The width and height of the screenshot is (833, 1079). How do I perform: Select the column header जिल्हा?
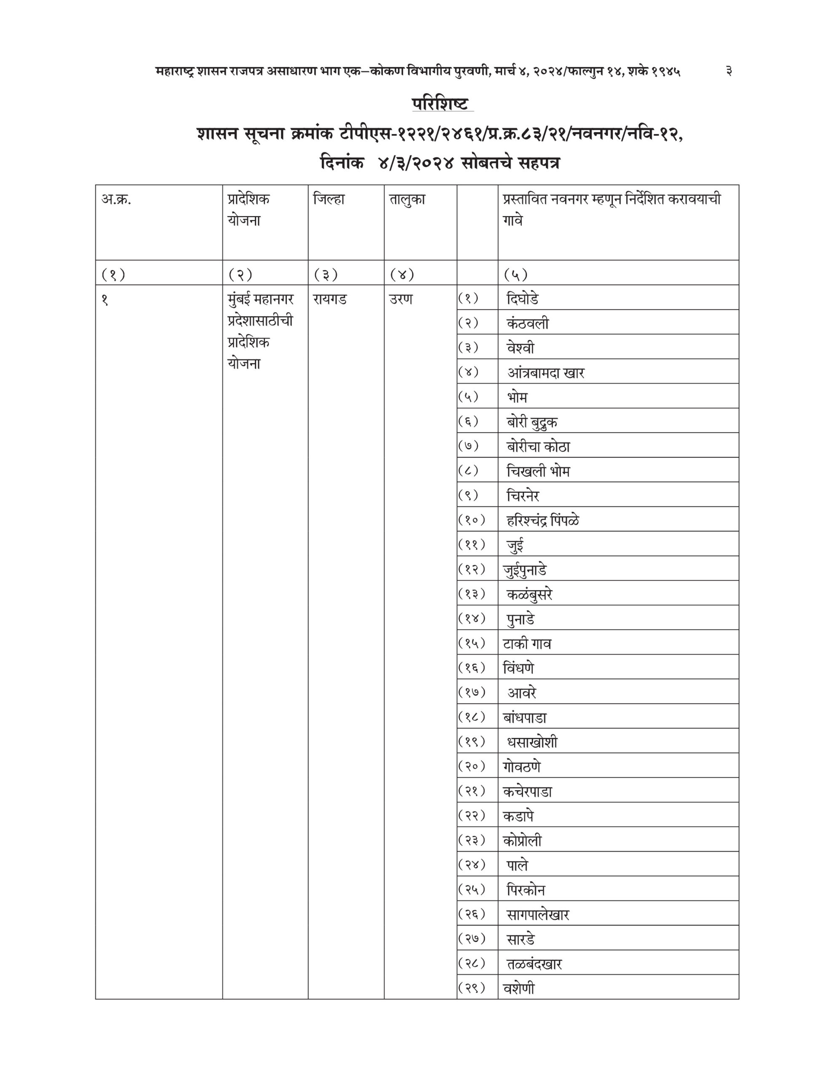tap(329, 200)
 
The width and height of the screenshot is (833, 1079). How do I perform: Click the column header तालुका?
tap(407, 200)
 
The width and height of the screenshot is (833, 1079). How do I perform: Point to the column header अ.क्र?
tap(117, 200)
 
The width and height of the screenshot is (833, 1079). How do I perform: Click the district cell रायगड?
tap(330, 299)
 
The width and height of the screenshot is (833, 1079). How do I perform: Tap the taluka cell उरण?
tap(400, 299)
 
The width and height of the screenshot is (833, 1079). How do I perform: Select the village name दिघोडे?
tap(523, 299)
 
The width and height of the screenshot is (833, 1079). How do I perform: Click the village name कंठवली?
tap(527, 324)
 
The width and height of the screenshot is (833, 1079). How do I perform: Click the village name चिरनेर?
tap(523, 496)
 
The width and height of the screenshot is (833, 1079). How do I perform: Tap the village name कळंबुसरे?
tap(529, 594)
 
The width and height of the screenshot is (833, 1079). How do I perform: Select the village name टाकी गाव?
tap(527, 644)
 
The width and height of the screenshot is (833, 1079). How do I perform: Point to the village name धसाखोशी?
tap(532, 742)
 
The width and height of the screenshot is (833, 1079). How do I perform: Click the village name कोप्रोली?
tap(523, 841)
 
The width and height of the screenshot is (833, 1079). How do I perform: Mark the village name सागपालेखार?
tap(538, 915)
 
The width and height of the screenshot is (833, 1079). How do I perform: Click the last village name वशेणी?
tap(518, 988)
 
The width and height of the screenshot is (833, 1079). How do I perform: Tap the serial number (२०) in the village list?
tap(472, 767)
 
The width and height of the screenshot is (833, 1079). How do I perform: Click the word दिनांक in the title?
tap(342, 163)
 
